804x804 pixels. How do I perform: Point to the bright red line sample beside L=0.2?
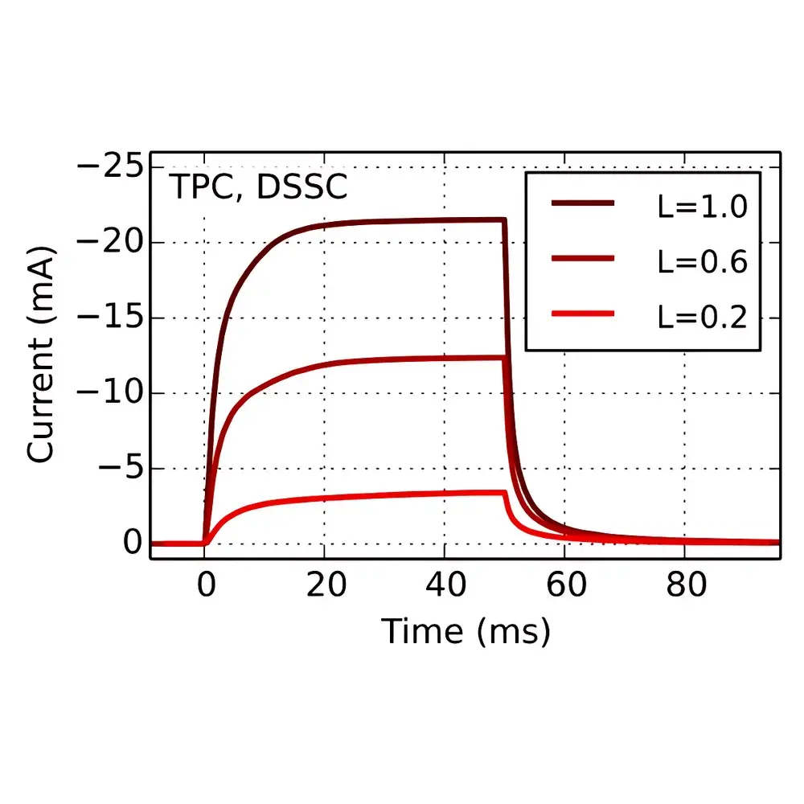[584, 314]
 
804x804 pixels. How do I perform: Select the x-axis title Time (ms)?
[466, 631]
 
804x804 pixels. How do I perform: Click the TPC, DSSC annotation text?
[258, 188]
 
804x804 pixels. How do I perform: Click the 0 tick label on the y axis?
[133, 544]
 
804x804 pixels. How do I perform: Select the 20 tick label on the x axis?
[325, 585]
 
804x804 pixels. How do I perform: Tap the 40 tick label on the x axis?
[445, 585]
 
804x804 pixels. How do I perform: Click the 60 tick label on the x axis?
[564, 585]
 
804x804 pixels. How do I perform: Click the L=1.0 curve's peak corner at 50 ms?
[504, 219]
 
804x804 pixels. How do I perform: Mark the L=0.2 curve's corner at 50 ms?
[504, 492]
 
